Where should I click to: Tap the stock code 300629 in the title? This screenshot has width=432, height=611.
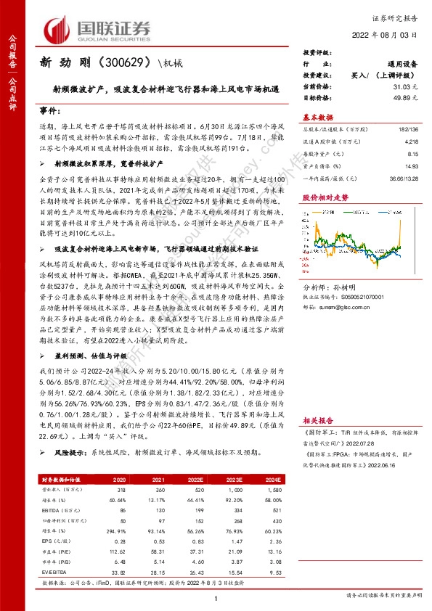[127, 63]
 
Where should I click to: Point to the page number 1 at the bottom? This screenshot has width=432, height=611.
[216, 596]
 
